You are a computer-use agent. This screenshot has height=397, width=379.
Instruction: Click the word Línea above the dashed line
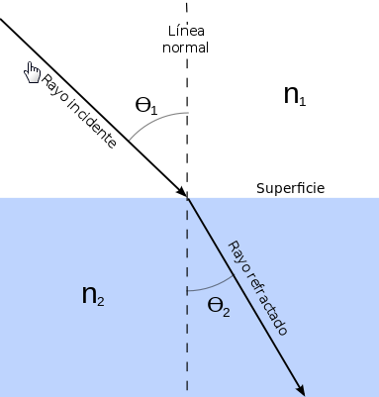(x=187, y=30)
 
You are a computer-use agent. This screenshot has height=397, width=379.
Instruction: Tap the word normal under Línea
(x=187, y=47)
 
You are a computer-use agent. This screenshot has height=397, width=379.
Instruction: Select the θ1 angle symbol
(x=146, y=105)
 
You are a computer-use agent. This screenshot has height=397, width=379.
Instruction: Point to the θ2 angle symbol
(x=219, y=307)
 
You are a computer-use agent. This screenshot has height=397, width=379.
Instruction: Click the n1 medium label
(x=296, y=95)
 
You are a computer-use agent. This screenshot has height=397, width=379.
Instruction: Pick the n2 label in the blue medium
(x=93, y=296)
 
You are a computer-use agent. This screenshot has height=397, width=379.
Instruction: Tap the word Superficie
(x=290, y=188)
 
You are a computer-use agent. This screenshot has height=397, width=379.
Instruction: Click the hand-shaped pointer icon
(x=33, y=72)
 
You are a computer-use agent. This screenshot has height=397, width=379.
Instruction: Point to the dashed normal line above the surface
(x=187, y=149)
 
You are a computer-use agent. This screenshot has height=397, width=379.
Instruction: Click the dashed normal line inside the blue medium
(x=187, y=347)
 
